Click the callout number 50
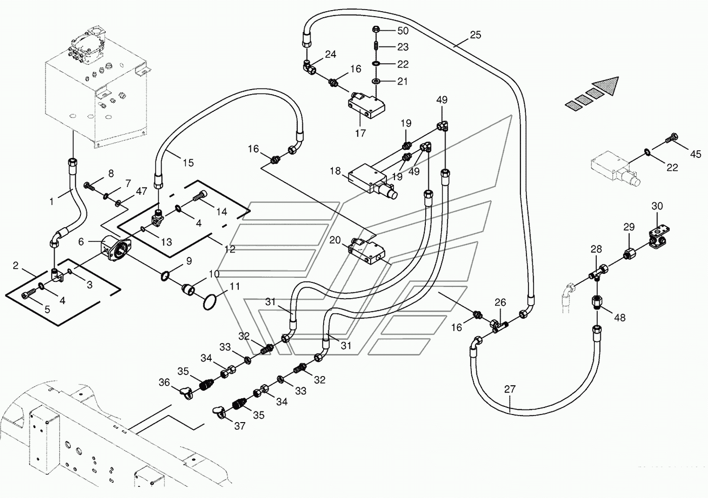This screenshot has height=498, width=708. [x=403, y=31]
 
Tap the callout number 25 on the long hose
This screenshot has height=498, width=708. [x=475, y=34]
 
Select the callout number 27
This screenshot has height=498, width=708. [x=510, y=389]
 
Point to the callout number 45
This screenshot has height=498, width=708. [x=695, y=154]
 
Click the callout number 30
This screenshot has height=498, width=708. [x=657, y=206]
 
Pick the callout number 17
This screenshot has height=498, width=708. [x=360, y=133]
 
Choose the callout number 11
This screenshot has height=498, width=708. [x=235, y=286]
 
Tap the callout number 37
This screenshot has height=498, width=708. [x=240, y=426]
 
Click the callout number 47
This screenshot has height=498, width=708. [x=141, y=191]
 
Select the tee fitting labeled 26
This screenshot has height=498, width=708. [x=499, y=326]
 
